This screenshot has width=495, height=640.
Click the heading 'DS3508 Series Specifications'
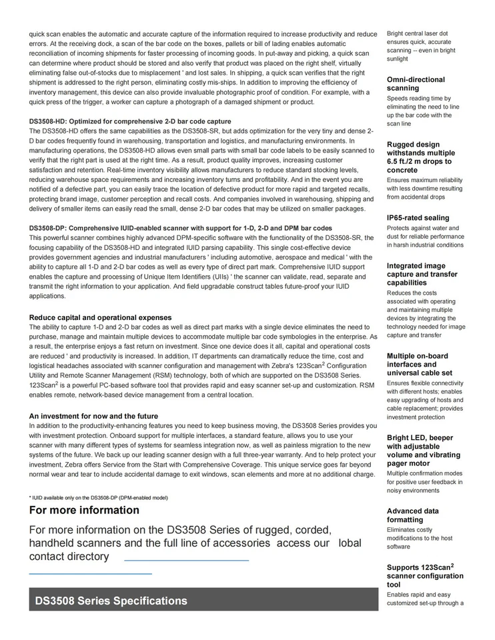tap(111, 601)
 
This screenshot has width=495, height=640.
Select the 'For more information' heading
tap(84, 510)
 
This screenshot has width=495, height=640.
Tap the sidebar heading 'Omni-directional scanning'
tap(416, 84)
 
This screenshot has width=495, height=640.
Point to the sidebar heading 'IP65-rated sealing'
tap(418, 218)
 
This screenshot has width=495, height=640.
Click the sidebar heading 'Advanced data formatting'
tap(413, 515)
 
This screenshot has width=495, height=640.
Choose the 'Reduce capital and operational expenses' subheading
tap(100, 317)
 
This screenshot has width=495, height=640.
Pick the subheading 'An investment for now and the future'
tap(93, 416)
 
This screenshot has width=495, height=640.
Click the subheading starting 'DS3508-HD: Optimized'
tap(130, 121)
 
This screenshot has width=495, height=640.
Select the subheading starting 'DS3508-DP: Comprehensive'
tap(180, 228)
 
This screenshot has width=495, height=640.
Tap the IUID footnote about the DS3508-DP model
tap(98, 497)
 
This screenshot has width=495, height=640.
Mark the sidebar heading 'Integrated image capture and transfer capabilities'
tap(422, 274)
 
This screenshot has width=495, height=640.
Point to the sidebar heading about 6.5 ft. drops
tap(420, 157)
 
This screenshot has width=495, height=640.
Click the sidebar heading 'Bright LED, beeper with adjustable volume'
tap(423, 451)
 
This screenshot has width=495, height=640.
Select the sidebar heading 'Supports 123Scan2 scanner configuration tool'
tap(424, 576)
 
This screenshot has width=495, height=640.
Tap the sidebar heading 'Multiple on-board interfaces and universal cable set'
tap(420, 365)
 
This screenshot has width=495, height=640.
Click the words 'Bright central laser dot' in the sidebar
tap(418, 33)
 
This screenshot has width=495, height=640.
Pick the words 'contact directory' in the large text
tap(69, 557)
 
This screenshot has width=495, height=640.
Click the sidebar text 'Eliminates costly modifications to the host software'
tap(420, 538)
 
